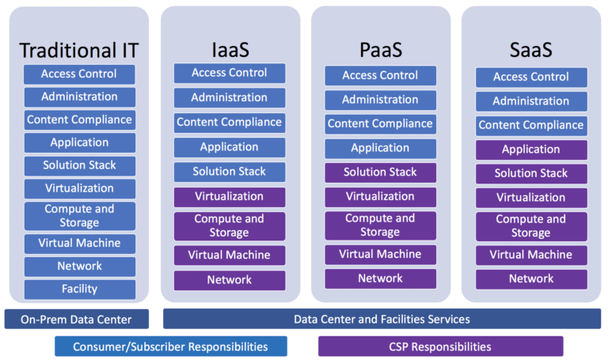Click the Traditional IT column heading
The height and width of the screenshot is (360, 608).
point(79,51)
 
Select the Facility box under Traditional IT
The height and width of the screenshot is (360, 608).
point(79,289)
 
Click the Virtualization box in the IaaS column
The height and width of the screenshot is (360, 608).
point(230,196)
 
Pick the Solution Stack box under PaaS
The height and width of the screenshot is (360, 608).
point(380,172)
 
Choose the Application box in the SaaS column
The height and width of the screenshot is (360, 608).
point(531,150)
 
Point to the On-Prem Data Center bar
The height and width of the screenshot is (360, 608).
point(78,319)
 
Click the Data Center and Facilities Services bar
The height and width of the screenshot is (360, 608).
point(382,319)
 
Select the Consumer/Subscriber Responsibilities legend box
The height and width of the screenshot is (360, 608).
point(170,347)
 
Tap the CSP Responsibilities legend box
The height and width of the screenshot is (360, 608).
point(440,347)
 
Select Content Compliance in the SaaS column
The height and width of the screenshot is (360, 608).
point(531,125)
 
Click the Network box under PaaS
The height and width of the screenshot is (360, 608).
point(380,279)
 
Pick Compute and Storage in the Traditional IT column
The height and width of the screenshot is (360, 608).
point(79,216)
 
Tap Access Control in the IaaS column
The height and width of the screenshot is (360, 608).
point(230,73)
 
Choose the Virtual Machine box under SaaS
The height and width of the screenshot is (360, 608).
point(531,255)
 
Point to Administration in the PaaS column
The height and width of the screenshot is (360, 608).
point(380,100)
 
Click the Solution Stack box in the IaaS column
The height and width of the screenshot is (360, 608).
point(230,172)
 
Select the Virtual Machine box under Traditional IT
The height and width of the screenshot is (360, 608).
point(79,244)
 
